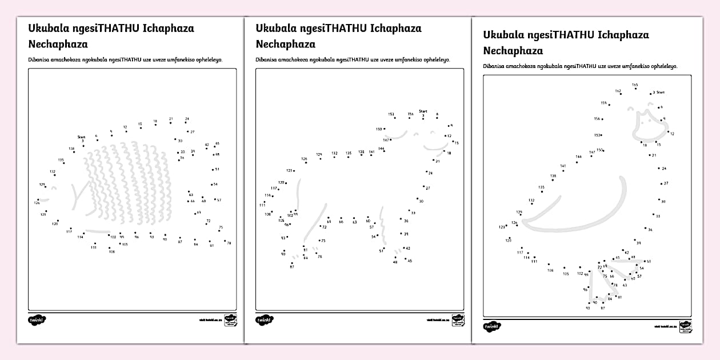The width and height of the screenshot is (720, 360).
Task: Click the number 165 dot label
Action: point(635,85)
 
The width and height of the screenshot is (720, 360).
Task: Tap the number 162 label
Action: point(618,91)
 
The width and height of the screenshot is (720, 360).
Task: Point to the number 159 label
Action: point(603,103)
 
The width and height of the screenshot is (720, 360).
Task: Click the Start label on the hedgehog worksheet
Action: point(81,137)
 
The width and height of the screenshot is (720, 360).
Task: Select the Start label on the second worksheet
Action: point(423,111)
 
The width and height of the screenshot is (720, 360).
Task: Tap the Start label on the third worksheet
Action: point(660,92)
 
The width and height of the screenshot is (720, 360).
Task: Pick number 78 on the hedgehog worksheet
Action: point(229,243)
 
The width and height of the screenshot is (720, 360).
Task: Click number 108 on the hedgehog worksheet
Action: point(111,251)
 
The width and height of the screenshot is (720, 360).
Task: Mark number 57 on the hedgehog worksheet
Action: point(219,200)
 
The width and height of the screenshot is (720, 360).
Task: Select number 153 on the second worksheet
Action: point(391,114)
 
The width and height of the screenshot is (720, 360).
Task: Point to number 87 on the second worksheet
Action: point(291,267)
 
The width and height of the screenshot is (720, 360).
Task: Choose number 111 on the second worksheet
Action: point(262,205)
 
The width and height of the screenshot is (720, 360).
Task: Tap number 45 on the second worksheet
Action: point(409,261)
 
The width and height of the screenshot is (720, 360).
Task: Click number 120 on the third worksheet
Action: point(509,241)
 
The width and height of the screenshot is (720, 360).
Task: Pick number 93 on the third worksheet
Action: point(587,308)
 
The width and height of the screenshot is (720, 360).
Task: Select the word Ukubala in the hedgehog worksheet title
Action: point(47,28)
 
